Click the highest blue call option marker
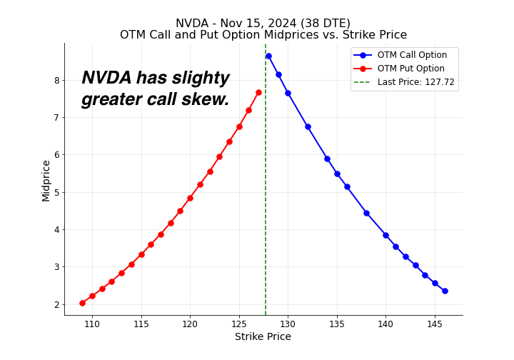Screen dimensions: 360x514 click(268, 56)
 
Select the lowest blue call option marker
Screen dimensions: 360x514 click(445, 291)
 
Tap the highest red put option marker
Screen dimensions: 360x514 click(258, 93)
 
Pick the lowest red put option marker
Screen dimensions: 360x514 click(82, 303)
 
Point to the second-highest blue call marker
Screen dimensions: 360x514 click(278, 74)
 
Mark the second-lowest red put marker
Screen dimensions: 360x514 click(92, 296)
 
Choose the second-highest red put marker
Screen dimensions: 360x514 click(248, 111)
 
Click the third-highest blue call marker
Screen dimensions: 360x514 click(288, 93)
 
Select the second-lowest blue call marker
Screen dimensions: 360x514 click(435, 283)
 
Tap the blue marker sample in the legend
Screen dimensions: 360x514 click(362, 55)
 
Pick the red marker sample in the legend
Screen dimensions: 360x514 click(362, 69)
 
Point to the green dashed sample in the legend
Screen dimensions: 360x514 click(362, 82)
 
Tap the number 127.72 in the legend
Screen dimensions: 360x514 click(440, 82)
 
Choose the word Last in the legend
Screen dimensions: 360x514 click(387, 82)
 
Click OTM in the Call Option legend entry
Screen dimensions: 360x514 click(387, 55)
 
